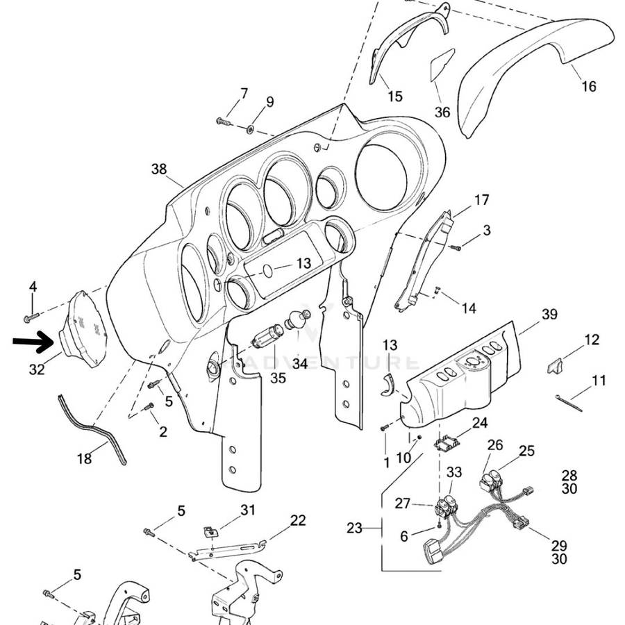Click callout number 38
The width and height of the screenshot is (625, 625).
pos(159,169)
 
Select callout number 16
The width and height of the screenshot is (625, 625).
pos(588,87)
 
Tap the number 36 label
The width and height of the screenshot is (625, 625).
pos(442,112)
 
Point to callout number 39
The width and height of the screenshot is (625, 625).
pos(549,315)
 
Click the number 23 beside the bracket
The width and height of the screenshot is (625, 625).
pos(354,528)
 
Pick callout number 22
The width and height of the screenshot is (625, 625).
pos(297,520)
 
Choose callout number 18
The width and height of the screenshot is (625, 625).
pos(84,458)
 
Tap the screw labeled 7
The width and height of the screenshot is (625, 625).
pos(222,122)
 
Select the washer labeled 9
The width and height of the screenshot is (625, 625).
pos(251,129)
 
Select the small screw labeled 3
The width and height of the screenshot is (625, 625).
pos(456,247)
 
